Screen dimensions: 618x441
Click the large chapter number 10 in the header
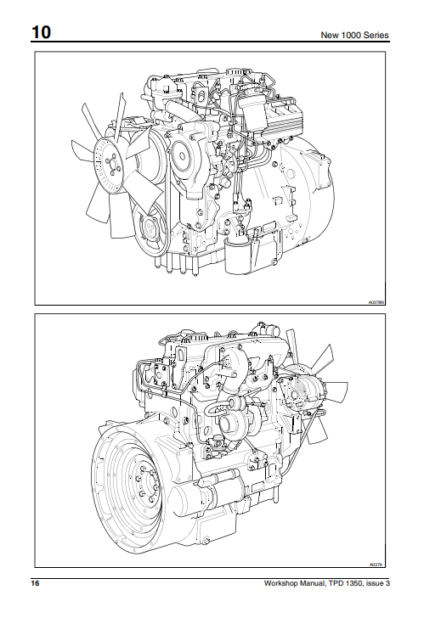tap(41, 33)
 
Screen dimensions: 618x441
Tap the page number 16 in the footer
tap(36, 583)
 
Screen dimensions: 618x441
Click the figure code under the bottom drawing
tap(377, 563)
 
